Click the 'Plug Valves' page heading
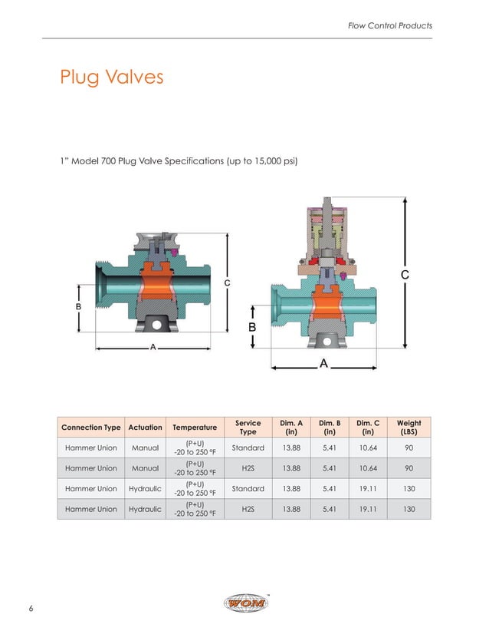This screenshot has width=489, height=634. [111, 78]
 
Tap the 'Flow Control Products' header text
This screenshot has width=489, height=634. [390, 25]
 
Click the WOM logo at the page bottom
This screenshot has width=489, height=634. [244, 604]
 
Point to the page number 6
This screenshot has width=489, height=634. [31, 609]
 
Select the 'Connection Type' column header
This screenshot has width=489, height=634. [90, 428]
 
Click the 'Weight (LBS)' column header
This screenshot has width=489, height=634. [409, 428]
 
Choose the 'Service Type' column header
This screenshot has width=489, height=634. [248, 428]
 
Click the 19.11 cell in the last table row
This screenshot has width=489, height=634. [369, 509]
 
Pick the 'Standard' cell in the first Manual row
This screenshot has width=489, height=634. [248, 448]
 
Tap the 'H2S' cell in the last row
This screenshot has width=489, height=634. [248, 509]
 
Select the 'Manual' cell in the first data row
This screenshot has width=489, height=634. [145, 448]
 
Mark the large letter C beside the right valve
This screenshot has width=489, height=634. [404, 274]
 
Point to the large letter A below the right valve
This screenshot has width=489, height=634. [323, 363]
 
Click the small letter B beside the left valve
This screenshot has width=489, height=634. [77, 306]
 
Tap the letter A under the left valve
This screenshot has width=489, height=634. [153, 348]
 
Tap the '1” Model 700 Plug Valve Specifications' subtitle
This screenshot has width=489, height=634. [178, 161]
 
